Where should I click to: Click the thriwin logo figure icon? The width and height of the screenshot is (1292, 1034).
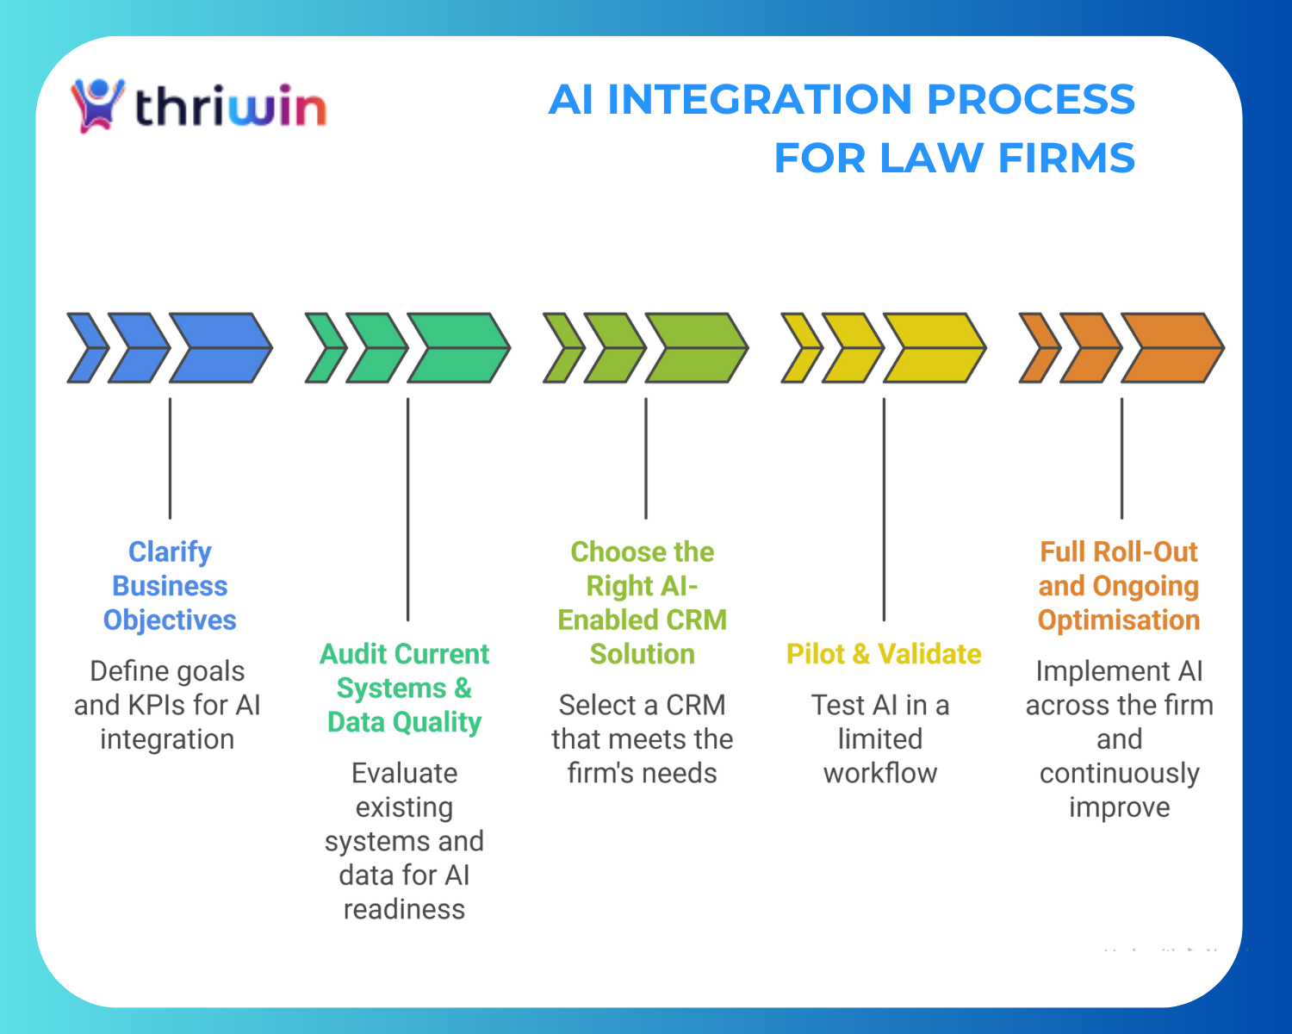(97, 104)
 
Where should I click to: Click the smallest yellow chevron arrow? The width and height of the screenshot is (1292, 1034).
(800, 348)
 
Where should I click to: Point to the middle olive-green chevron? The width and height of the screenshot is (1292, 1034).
(614, 348)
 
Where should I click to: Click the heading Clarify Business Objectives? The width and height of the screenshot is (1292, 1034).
(170, 586)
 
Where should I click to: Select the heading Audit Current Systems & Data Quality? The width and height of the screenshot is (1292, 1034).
(404, 688)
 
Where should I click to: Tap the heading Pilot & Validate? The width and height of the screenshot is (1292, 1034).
(884, 654)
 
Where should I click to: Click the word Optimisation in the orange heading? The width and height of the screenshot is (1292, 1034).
(1118, 620)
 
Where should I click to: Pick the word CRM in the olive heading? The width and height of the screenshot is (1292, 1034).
(703, 620)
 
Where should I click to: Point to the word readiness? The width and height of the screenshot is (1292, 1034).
(404, 909)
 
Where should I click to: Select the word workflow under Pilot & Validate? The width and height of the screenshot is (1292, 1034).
(880, 773)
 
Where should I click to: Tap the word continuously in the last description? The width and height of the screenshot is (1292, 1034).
(1119, 773)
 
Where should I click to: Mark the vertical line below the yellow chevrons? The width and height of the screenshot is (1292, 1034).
(884, 508)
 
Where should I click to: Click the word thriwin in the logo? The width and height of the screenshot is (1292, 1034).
(231, 108)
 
